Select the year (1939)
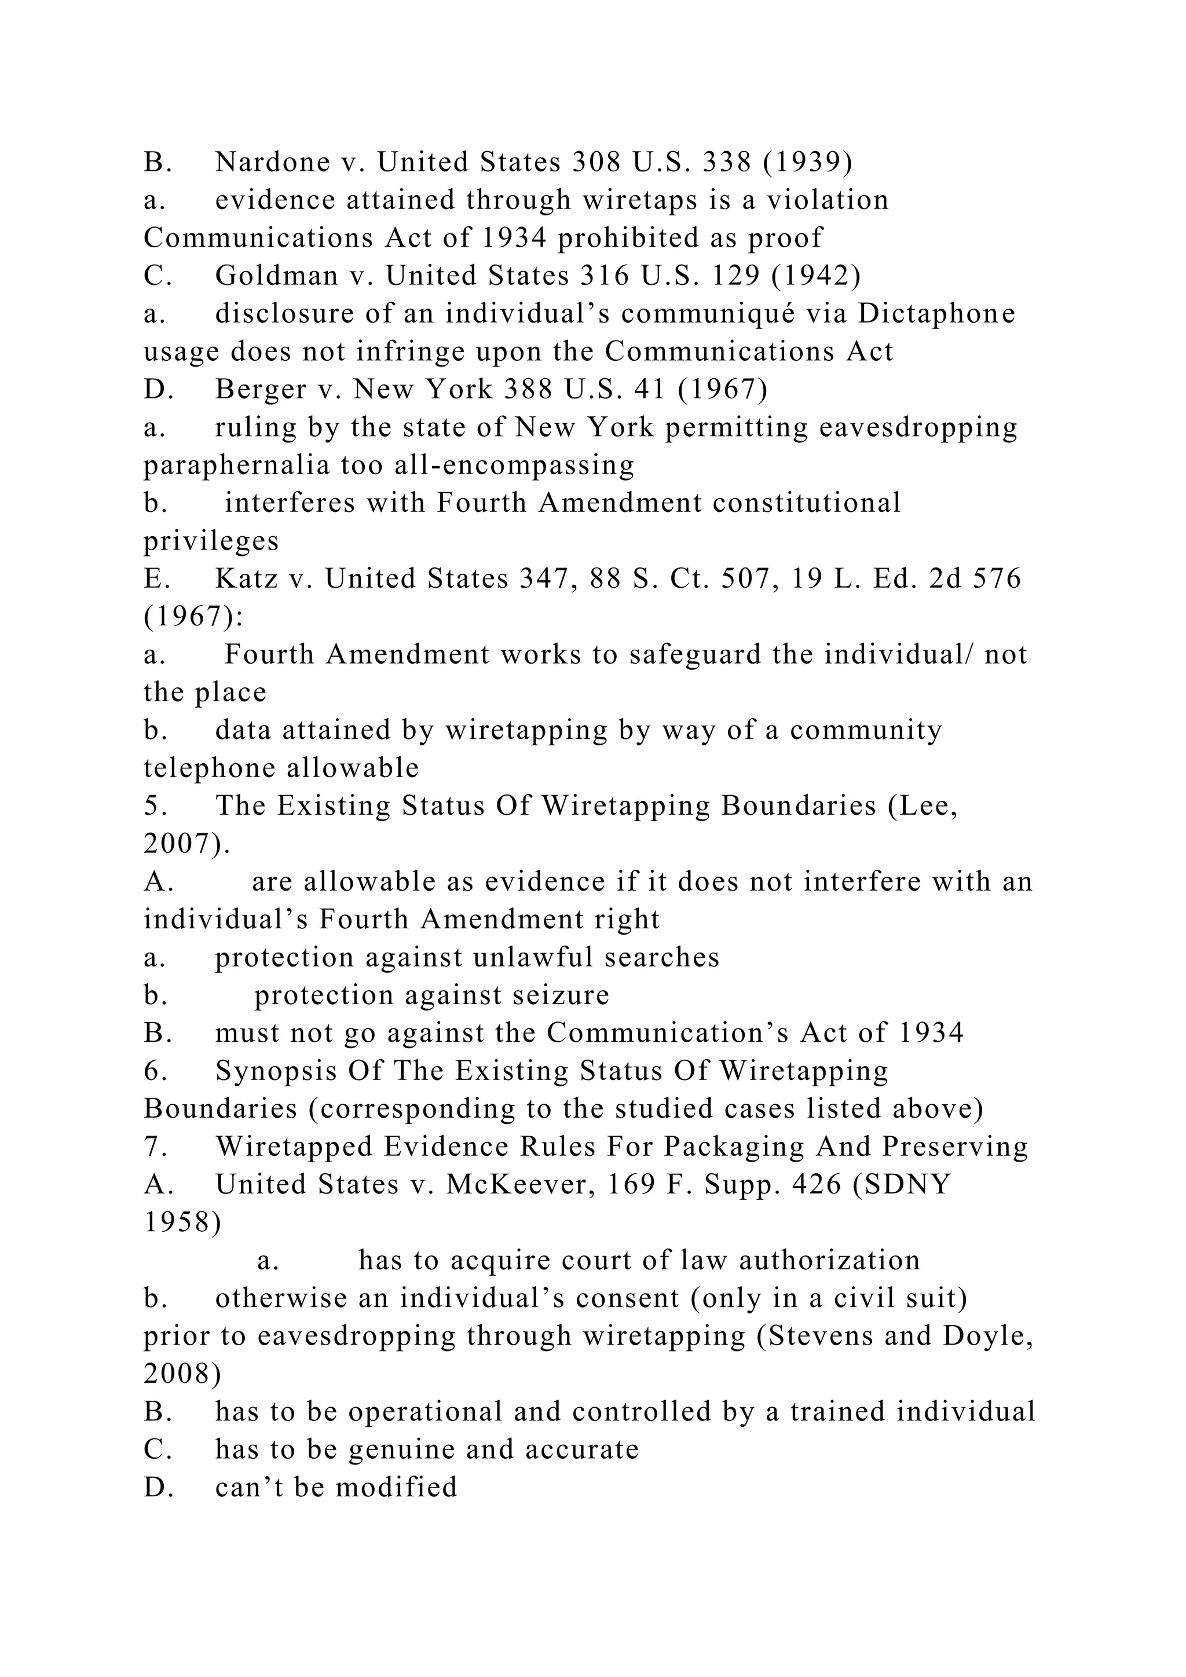tap(808, 162)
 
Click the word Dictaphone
tap(936, 313)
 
